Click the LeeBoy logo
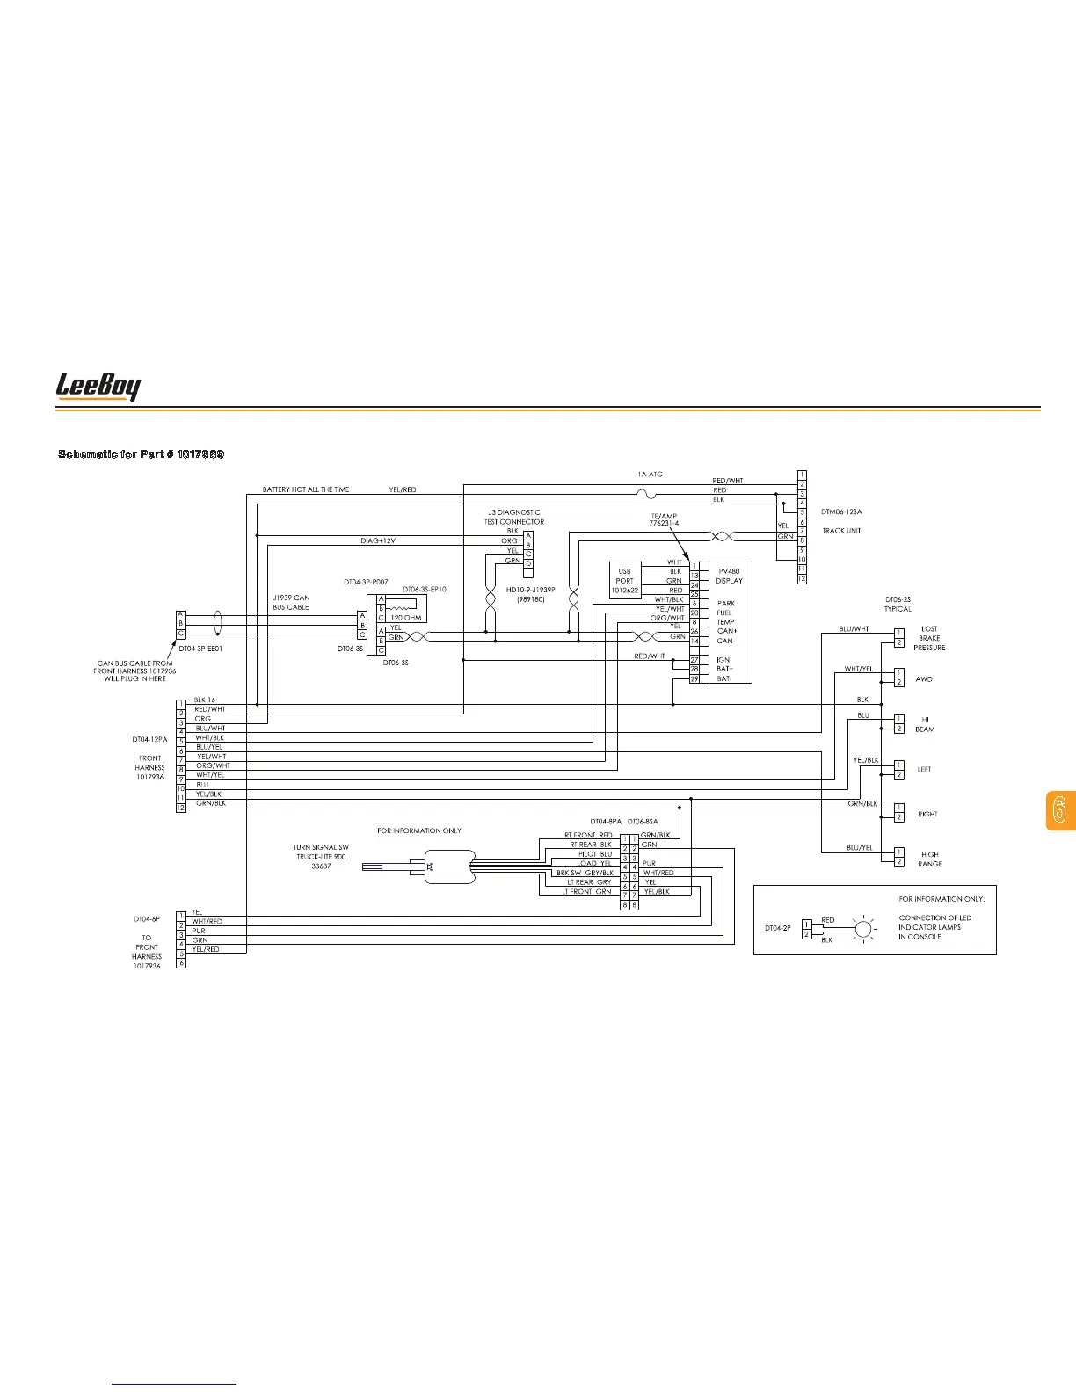98,387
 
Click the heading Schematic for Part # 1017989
141,453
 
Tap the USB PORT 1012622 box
624,581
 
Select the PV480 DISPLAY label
729,576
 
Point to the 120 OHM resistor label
406,618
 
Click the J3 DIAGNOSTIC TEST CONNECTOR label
514,517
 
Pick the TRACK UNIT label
841,531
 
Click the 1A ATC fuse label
650,475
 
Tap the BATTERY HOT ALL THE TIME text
305,489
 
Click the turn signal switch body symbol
448,866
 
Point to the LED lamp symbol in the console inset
863,928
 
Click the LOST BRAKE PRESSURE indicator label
929,638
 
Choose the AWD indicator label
923,679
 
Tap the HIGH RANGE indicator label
929,859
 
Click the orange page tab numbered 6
1060,810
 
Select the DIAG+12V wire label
384,540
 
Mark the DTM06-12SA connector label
841,511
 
